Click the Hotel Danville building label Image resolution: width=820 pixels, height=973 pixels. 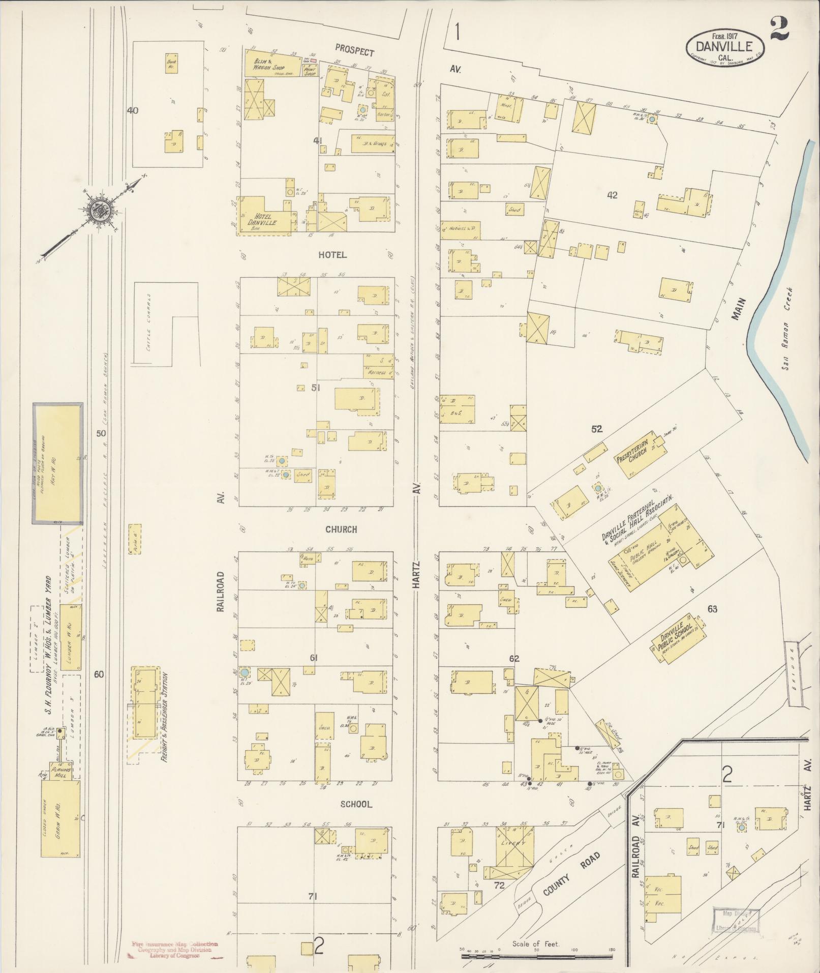[x=262, y=219]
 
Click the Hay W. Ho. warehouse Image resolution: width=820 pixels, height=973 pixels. [x=57, y=463]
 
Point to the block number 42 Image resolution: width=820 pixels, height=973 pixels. [x=612, y=195]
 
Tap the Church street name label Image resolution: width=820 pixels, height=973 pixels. [x=341, y=529]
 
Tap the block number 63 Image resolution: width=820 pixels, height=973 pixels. [x=712, y=609]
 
